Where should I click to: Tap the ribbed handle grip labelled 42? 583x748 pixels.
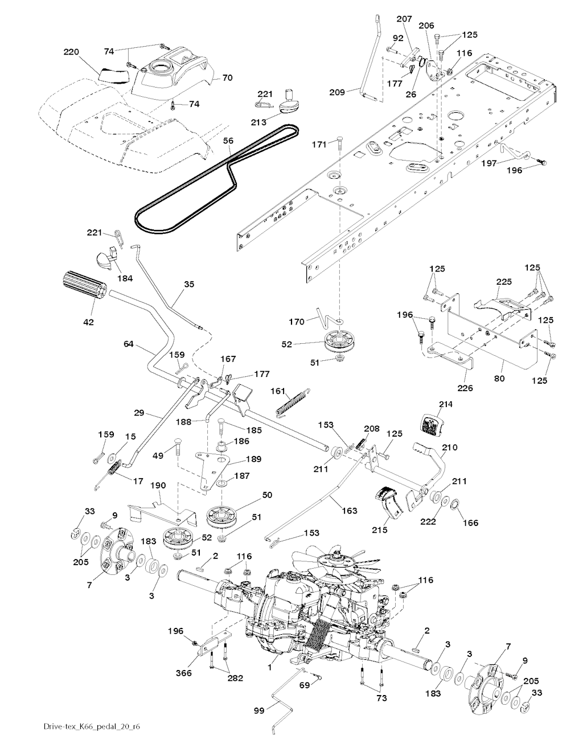(82, 284)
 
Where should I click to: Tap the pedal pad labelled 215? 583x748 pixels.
(391, 500)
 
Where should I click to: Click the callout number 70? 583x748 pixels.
(227, 77)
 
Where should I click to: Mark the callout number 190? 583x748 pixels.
(158, 486)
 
